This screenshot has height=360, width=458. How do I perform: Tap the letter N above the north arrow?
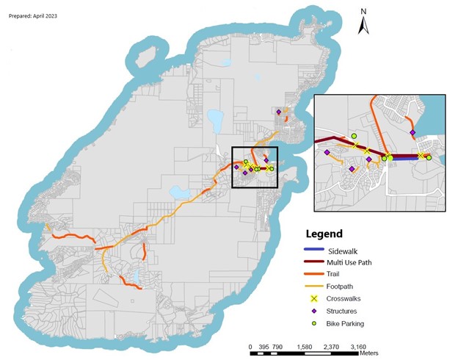click(x=363, y=11)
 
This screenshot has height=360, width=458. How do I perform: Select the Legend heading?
click(x=323, y=234)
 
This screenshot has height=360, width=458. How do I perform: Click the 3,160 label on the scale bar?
click(x=359, y=346)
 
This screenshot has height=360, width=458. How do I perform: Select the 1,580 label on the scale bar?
click(x=305, y=346)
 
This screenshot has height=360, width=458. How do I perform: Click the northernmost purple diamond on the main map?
click(x=279, y=112)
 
